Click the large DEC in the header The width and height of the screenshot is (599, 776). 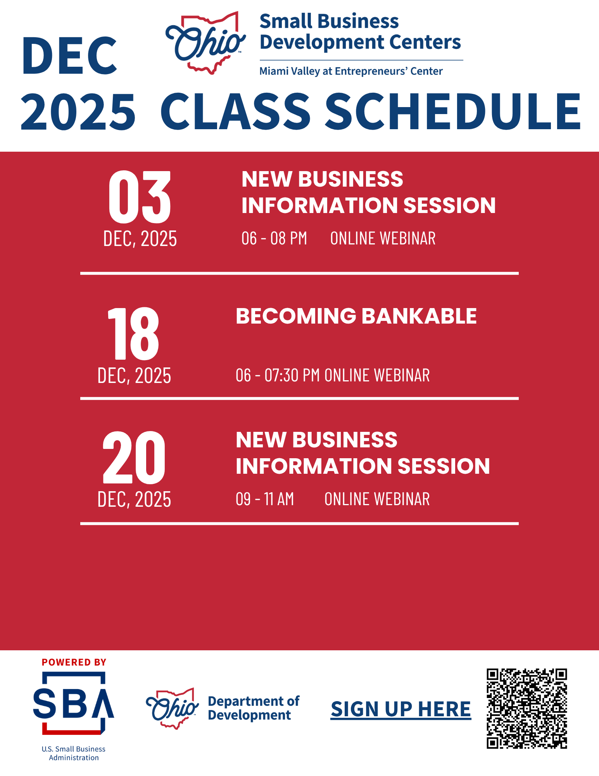70,55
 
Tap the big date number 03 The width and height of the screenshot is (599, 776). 140,197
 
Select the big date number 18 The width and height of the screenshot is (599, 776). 133,333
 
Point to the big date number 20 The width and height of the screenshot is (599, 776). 134,457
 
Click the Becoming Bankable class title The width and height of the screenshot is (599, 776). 356,316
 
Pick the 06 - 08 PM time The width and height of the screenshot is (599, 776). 274,238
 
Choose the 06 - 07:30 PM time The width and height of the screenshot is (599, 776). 278,375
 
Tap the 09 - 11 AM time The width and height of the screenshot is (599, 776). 265,499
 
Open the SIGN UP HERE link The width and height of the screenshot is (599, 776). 401,709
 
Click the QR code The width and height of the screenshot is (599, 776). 527,708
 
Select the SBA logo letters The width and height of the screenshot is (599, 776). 74,703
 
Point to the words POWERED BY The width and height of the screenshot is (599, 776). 74,662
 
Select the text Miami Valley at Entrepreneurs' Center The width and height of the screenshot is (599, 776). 351,71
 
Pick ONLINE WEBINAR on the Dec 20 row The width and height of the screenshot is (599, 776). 377,499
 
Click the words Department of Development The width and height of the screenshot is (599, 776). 254,708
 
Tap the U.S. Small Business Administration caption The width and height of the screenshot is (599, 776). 74,753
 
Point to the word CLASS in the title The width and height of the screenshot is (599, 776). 235,111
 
